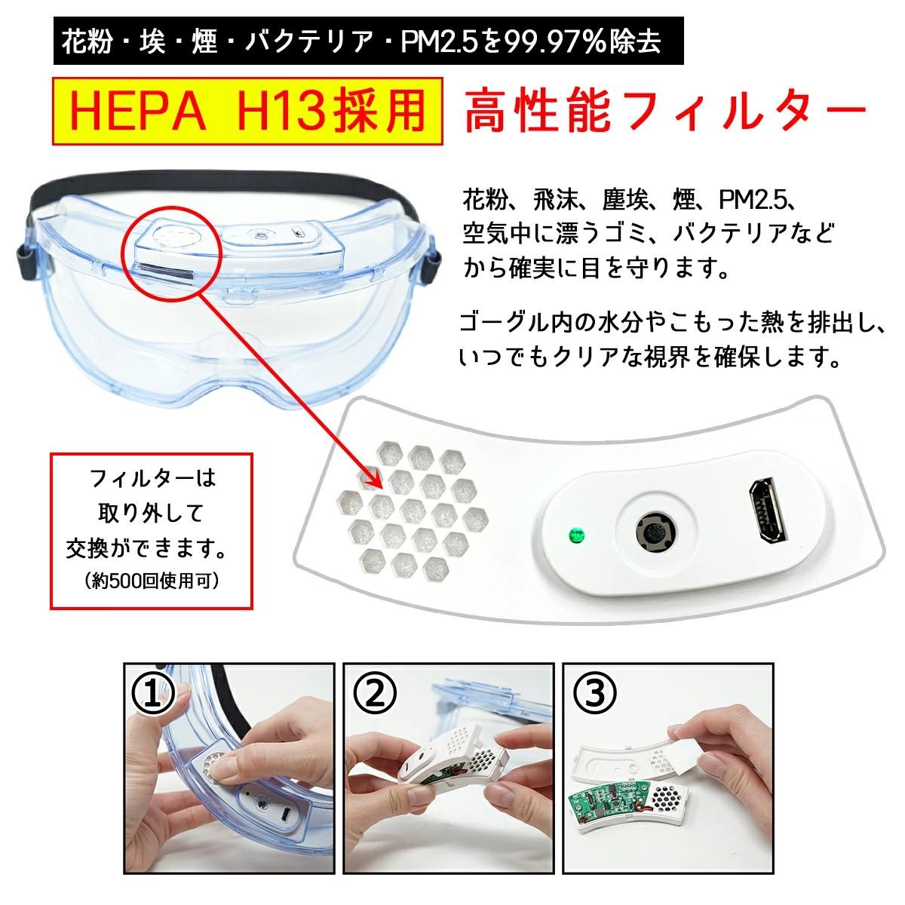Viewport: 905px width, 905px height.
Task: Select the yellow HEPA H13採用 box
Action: tap(247, 111)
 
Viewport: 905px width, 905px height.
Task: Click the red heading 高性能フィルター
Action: tap(664, 111)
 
